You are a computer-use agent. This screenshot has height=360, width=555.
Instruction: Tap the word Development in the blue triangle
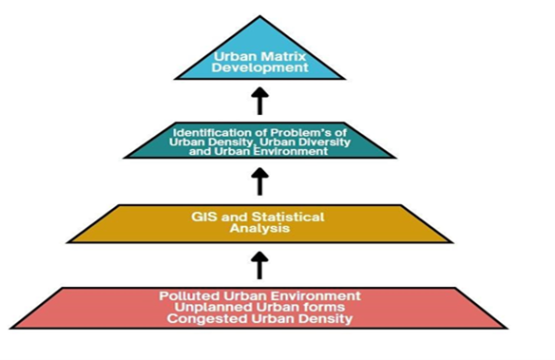pos(260,69)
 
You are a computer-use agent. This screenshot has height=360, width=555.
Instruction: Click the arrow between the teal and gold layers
pos(259,180)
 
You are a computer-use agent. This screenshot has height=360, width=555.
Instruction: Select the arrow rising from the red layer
pos(259,263)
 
